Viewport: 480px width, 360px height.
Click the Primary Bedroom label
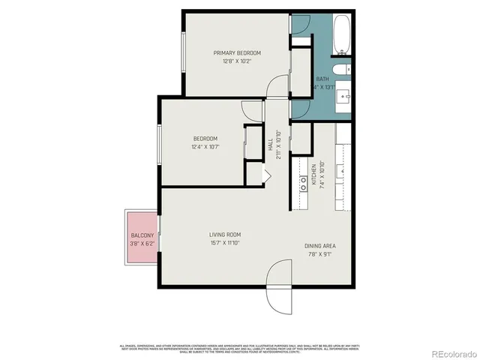click(x=237, y=52)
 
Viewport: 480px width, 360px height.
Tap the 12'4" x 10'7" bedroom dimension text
click(x=205, y=147)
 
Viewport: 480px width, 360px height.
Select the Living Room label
click(x=224, y=235)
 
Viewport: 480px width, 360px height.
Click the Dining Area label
click(x=319, y=246)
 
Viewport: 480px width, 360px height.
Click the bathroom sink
click(x=346, y=97)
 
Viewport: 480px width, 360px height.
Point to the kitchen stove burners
click(x=304, y=181)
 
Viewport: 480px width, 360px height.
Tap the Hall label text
click(x=270, y=143)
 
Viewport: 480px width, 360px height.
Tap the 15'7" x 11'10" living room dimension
click(x=224, y=243)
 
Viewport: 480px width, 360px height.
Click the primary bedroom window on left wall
click(x=184, y=52)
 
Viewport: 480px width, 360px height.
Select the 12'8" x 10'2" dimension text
click(x=237, y=61)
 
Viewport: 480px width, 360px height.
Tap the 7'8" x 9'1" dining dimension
click(x=319, y=254)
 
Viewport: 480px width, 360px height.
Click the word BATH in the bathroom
click(x=322, y=79)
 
